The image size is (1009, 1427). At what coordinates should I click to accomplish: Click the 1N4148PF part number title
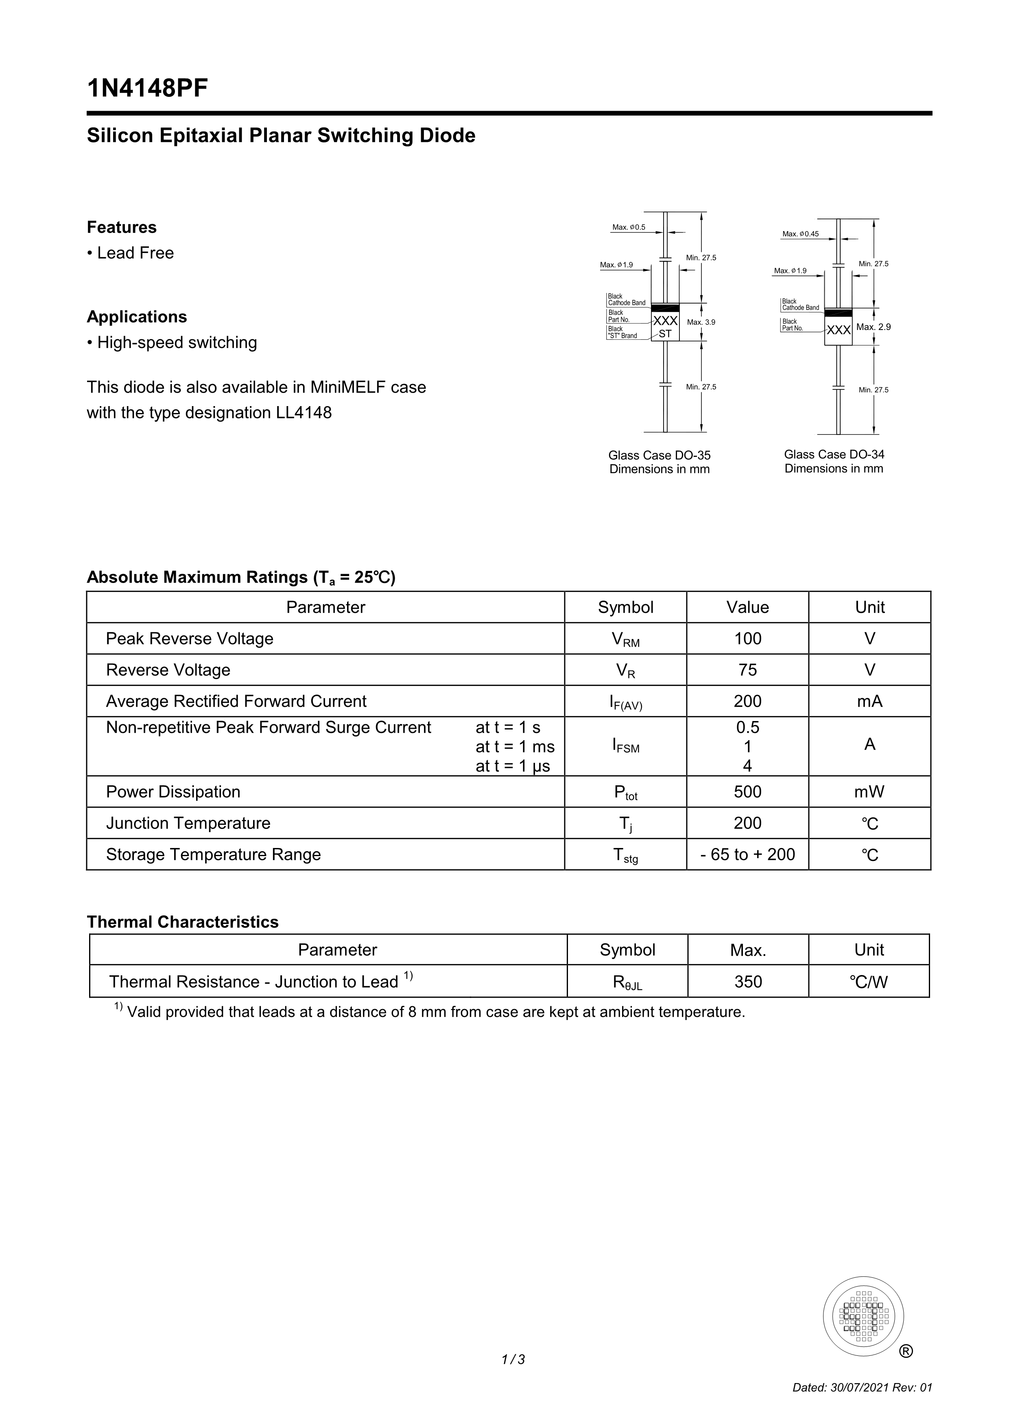click(x=147, y=89)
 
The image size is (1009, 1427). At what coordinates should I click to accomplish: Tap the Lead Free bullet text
click(x=135, y=253)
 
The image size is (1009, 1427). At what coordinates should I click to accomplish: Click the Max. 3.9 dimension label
click(x=701, y=323)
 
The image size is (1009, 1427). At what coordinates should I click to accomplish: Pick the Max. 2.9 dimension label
click(x=873, y=327)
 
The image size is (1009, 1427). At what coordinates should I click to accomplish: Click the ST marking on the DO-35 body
click(x=665, y=334)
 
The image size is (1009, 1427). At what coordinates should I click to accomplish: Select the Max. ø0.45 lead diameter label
click(x=800, y=234)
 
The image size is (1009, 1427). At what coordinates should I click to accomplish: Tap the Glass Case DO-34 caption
click(x=834, y=455)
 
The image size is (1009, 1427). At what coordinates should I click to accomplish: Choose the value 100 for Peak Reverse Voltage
click(x=747, y=639)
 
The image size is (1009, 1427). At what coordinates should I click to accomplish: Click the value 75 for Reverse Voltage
click(x=747, y=670)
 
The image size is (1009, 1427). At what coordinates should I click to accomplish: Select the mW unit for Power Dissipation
click(x=869, y=792)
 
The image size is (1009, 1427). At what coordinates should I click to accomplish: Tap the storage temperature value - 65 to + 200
click(x=747, y=854)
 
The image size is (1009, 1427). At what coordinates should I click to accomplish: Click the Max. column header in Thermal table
click(x=748, y=950)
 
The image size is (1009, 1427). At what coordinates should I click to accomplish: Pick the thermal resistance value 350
click(x=748, y=981)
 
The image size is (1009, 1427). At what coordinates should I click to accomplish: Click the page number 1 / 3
click(x=513, y=1360)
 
